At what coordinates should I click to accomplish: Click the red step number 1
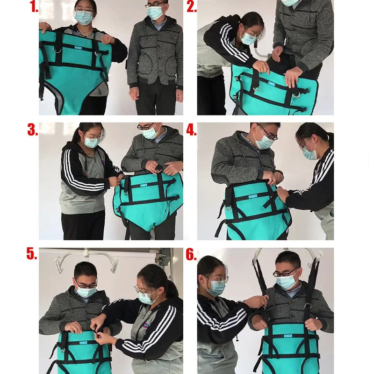coord(34,7)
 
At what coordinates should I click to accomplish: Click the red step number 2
coord(192,7)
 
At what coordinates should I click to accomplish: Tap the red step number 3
coord(32,130)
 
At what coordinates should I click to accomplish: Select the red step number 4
coord(191,130)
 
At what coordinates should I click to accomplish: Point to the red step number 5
coord(31,253)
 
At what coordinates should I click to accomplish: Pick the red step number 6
coord(191,254)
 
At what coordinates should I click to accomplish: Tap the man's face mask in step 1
coord(155,13)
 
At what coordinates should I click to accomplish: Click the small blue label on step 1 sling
coord(78,48)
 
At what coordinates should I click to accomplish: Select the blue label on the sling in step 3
coord(144,185)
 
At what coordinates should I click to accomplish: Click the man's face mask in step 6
coord(287,283)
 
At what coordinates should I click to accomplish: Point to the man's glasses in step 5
coord(86,285)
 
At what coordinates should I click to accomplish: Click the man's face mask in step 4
coord(263,142)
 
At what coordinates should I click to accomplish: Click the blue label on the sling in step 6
coord(288,336)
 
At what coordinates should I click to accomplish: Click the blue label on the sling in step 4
coord(253,196)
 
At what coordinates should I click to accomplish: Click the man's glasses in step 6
coord(286,273)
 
